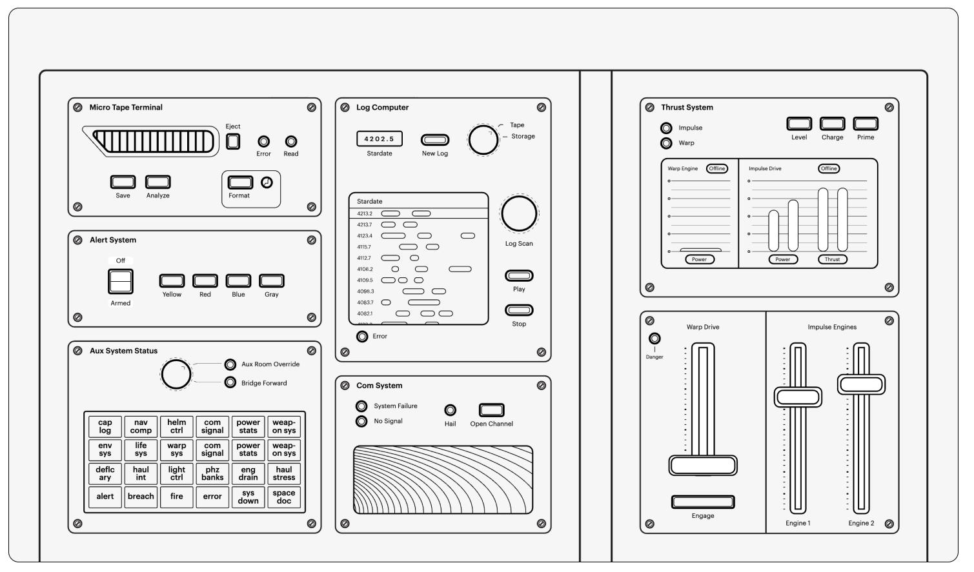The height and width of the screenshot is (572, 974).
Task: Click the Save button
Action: coord(123,182)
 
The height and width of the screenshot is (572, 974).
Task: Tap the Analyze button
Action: coord(157,182)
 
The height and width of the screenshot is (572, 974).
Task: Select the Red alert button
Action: coord(205,281)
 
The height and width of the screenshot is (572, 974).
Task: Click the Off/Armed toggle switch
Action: coord(121,282)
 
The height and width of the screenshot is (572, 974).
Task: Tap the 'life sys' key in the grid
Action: coord(141,449)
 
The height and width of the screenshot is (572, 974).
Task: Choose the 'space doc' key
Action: coord(284,497)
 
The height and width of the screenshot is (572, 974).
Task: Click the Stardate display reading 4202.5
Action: coord(380,139)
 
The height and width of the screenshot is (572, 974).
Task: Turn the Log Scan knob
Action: coord(519,214)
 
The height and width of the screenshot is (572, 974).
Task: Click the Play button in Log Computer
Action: coord(519,276)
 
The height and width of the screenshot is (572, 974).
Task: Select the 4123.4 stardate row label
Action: coord(365,236)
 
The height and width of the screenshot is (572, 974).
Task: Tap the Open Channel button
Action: coord(491,410)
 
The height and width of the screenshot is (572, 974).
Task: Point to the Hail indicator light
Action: coord(450,410)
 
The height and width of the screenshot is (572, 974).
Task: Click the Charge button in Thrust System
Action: coord(832,124)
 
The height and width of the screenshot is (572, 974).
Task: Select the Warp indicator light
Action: coord(666,143)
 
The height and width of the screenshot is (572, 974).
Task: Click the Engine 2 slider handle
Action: coord(861,384)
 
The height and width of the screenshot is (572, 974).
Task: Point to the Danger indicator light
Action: coord(654,339)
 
